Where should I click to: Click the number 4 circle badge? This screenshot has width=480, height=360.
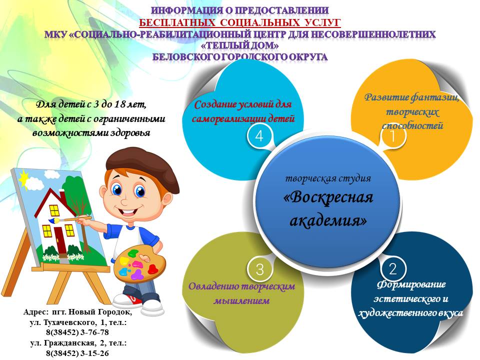[259, 135]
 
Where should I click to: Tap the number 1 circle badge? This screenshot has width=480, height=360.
[393, 135]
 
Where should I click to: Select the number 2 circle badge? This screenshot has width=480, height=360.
[393, 269]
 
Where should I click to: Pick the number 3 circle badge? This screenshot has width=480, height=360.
[259, 269]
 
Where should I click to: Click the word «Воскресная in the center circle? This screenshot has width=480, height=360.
[328, 197]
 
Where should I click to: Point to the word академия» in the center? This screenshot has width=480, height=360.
[328, 220]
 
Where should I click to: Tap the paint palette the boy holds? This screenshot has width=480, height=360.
[139, 265]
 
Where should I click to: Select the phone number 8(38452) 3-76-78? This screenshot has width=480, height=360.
[77, 332]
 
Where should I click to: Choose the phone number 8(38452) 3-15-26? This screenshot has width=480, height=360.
[77, 353]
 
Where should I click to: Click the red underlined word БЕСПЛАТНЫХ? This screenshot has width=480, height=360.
[177, 23]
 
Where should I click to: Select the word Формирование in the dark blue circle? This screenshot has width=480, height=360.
[411, 284]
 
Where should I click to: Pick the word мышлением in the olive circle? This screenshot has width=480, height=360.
[241, 300]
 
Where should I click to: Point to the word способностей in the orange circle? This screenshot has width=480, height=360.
[412, 125]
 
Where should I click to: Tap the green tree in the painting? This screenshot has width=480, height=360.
[76, 196]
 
